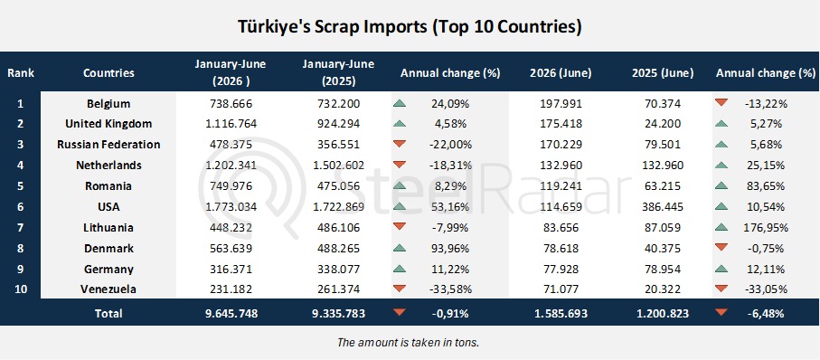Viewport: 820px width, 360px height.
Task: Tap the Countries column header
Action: coord(108,72)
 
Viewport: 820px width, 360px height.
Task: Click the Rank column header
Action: coord(21,72)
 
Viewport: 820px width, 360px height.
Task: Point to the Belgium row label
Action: coord(108,104)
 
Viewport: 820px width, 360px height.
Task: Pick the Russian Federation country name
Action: coord(108,145)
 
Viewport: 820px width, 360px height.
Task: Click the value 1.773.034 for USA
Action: coord(231,207)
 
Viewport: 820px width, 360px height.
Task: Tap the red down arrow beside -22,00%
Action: coord(399,144)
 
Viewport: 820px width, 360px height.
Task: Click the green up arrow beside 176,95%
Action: coord(721,227)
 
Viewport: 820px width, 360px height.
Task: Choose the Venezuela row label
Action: coord(108,289)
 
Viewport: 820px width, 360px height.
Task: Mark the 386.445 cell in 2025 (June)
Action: coord(663,207)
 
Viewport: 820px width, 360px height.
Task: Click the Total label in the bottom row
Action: coord(108,314)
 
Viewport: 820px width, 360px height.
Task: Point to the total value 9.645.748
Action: coord(231,314)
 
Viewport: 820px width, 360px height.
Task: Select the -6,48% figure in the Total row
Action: coord(765,314)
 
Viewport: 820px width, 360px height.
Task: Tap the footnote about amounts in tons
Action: coord(409,343)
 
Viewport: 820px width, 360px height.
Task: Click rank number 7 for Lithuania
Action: coord(21,228)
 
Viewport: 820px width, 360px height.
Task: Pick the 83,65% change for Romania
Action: coord(765,185)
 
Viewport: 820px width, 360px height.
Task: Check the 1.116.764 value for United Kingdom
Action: coord(231,124)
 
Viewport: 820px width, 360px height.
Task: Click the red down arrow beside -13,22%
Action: coord(721,102)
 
